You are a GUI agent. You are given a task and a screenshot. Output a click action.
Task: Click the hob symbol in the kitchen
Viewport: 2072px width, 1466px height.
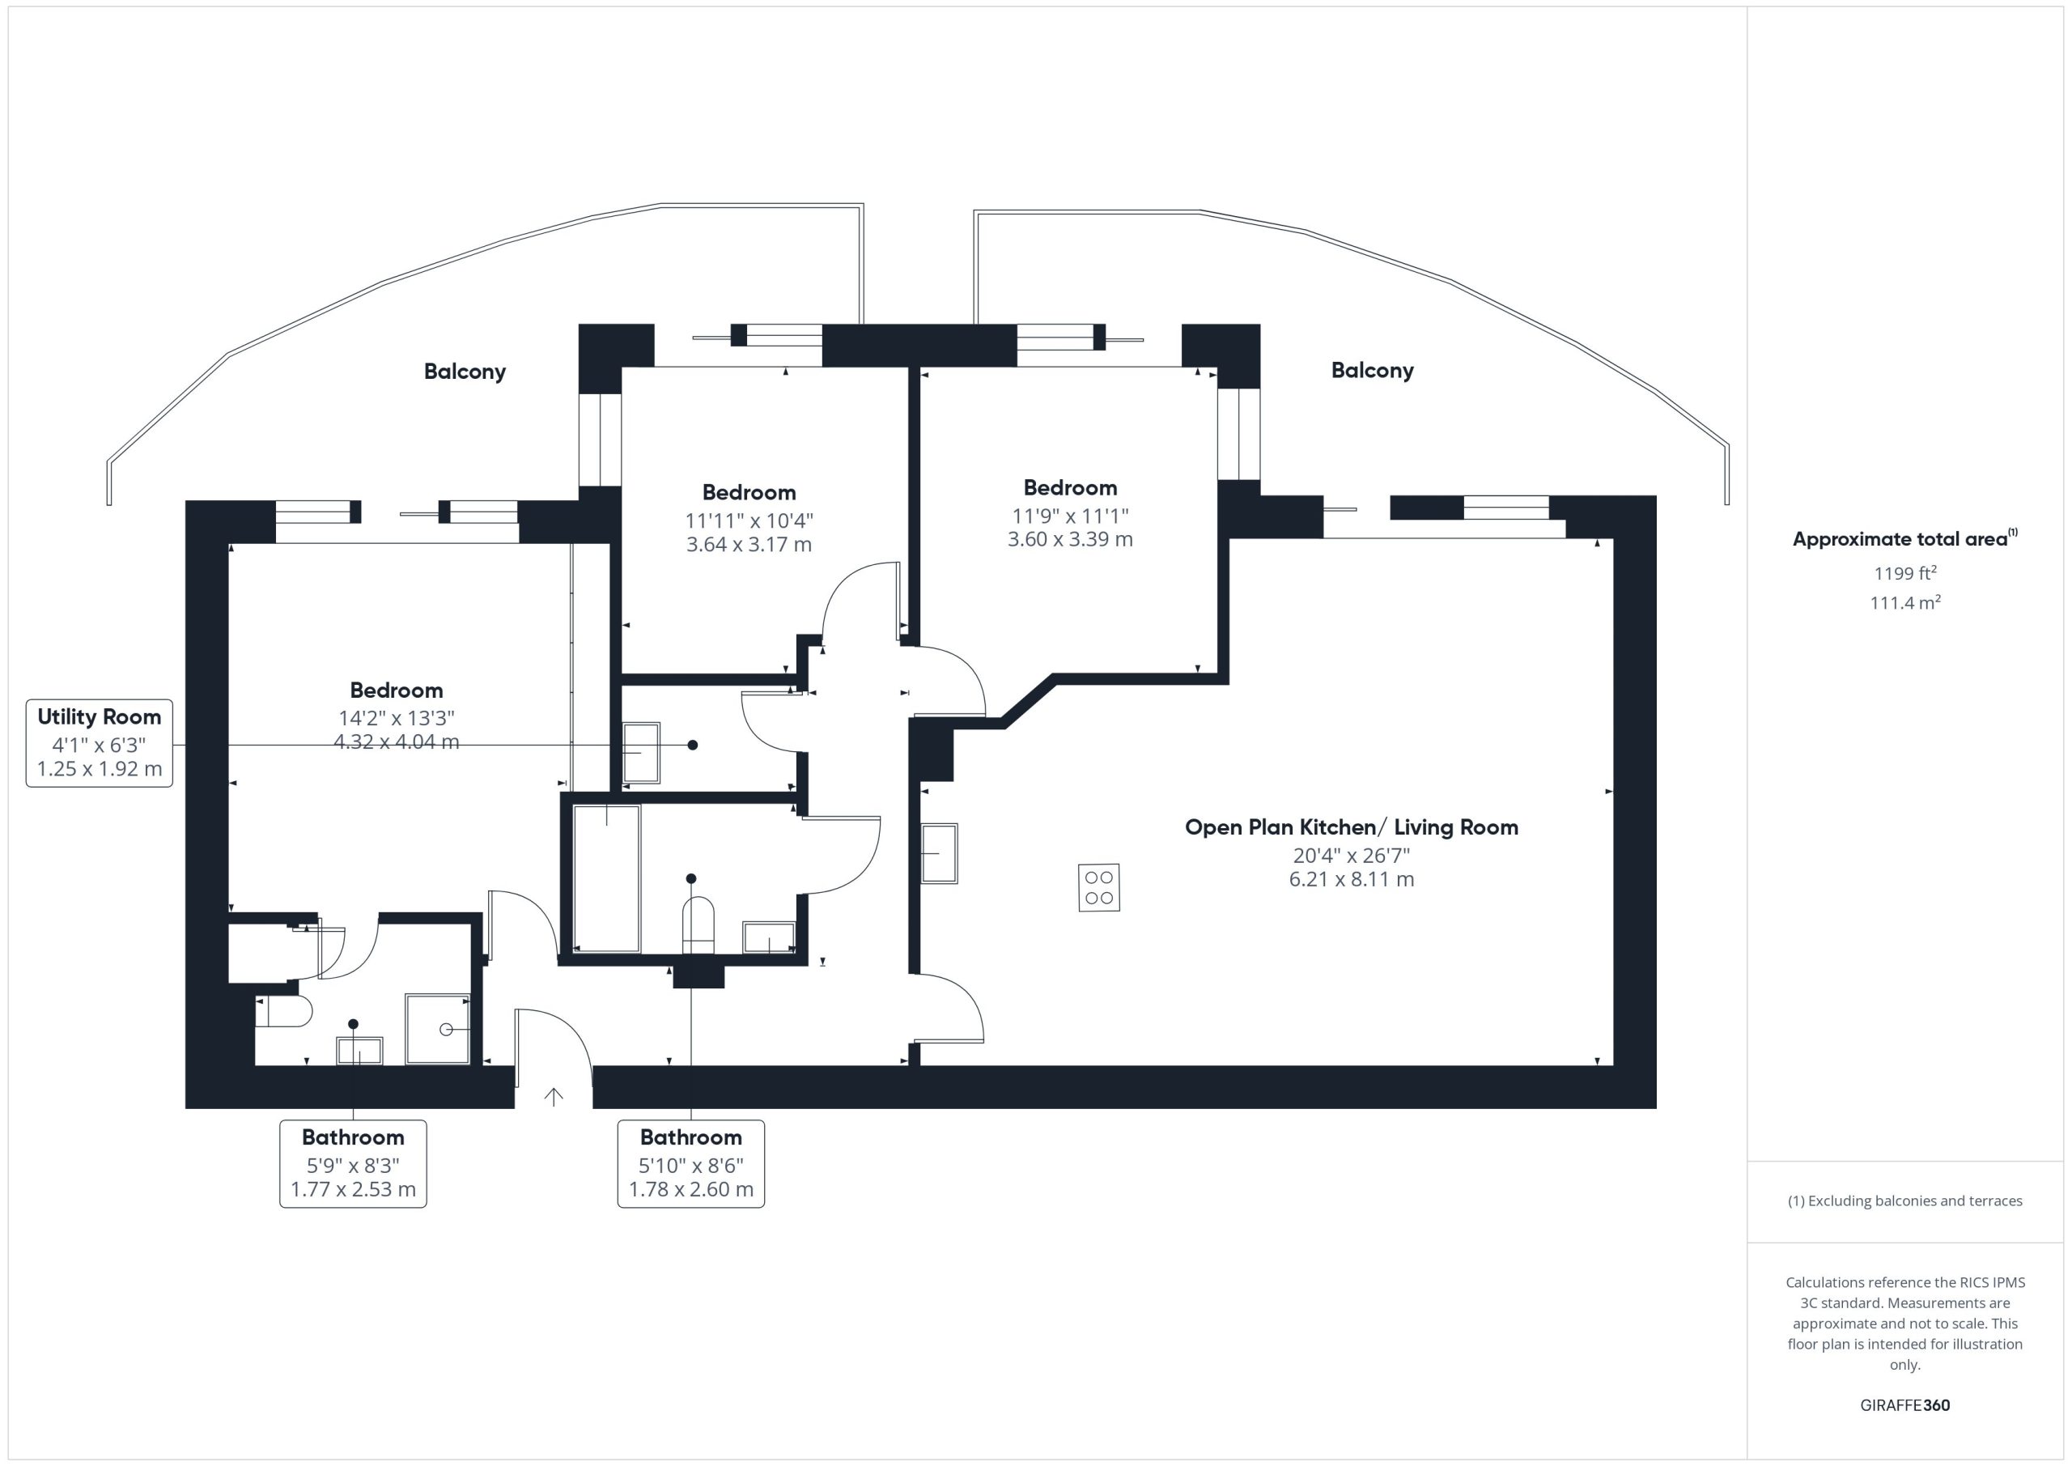click(1098, 887)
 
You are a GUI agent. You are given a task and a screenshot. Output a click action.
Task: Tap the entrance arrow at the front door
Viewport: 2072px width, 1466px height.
click(553, 1096)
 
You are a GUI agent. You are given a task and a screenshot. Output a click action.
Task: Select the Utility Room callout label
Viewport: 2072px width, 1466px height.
click(100, 743)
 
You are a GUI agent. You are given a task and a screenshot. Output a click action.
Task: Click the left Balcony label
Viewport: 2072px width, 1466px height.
click(465, 371)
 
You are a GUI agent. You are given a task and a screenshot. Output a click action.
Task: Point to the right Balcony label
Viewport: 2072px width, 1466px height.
click(1372, 370)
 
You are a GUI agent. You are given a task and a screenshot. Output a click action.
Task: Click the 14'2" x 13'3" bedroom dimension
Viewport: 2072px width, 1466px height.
click(396, 718)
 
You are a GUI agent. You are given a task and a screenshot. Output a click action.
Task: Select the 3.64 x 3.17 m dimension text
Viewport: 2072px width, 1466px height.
click(749, 544)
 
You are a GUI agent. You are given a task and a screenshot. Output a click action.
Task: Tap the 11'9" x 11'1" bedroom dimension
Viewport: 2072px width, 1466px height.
click(1070, 516)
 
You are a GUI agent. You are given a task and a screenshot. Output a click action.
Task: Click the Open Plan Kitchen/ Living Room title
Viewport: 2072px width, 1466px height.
click(1351, 826)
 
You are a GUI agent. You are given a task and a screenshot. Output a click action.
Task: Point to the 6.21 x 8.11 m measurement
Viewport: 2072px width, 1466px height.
click(1351, 879)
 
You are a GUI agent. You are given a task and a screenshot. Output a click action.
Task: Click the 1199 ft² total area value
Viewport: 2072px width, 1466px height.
click(1905, 573)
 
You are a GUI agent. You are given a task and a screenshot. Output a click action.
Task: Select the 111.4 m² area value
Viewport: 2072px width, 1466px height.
click(1905, 602)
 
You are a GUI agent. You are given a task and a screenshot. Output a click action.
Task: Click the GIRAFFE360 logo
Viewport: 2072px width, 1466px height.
click(1905, 1405)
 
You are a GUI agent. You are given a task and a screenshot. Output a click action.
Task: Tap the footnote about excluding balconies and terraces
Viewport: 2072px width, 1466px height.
click(1905, 1200)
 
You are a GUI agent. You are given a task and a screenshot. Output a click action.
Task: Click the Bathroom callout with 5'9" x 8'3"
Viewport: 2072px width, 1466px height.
click(353, 1163)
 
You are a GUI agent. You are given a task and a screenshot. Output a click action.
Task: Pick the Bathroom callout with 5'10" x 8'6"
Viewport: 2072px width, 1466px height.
click(691, 1163)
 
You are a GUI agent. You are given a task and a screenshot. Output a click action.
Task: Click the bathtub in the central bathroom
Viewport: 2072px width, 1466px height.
click(606, 878)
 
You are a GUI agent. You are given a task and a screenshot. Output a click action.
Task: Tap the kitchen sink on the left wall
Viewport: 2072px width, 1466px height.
click(940, 853)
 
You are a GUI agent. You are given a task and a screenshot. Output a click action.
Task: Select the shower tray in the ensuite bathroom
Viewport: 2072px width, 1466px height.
click(438, 1029)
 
